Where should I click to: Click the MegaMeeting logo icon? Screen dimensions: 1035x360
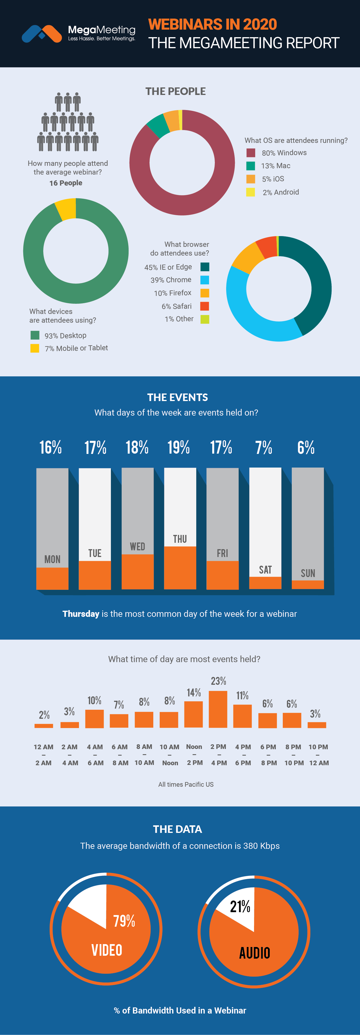42,34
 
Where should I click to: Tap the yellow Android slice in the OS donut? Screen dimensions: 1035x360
180,119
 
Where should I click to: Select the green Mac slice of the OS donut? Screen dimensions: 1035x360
158,125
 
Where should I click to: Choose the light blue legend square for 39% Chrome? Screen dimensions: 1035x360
204,280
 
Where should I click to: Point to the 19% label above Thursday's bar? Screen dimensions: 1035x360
178,447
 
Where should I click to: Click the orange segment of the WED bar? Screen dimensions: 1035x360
137,571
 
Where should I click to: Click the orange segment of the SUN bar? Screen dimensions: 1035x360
308,584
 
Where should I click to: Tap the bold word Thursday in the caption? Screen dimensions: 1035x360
81,614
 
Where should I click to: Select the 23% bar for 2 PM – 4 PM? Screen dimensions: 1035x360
218,709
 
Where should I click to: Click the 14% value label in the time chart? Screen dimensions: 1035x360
194,692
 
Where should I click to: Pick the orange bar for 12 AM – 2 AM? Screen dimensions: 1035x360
44,726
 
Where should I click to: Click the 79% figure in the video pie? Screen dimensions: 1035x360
124,921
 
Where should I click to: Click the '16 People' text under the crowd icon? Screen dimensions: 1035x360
66,183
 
